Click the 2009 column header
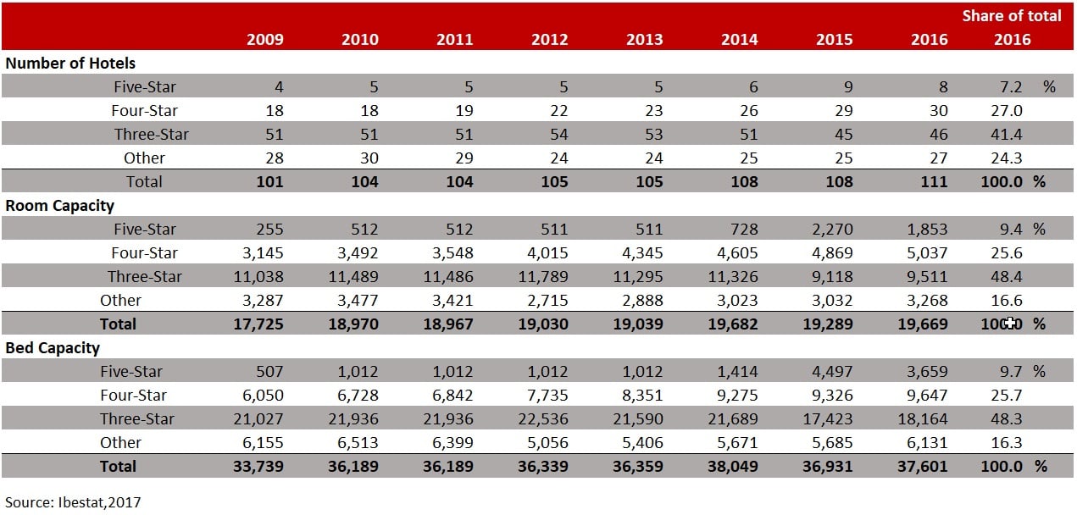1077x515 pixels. (x=265, y=39)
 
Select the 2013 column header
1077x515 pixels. (x=645, y=39)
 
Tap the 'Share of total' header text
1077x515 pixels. (x=1011, y=15)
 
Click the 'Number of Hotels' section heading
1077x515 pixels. (x=70, y=63)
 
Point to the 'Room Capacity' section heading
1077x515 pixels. (x=60, y=205)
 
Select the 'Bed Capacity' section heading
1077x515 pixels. (x=53, y=347)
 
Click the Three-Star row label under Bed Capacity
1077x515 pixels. (x=137, y=418)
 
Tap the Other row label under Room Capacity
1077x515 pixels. (x=120, y=300)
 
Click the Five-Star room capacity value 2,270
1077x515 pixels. (x=832, y=229)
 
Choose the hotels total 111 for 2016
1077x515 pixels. (x=934, y=181)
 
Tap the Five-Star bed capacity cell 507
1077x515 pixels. (x=268, y=371)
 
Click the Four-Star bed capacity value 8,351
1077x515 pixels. (x=641, y=395)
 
